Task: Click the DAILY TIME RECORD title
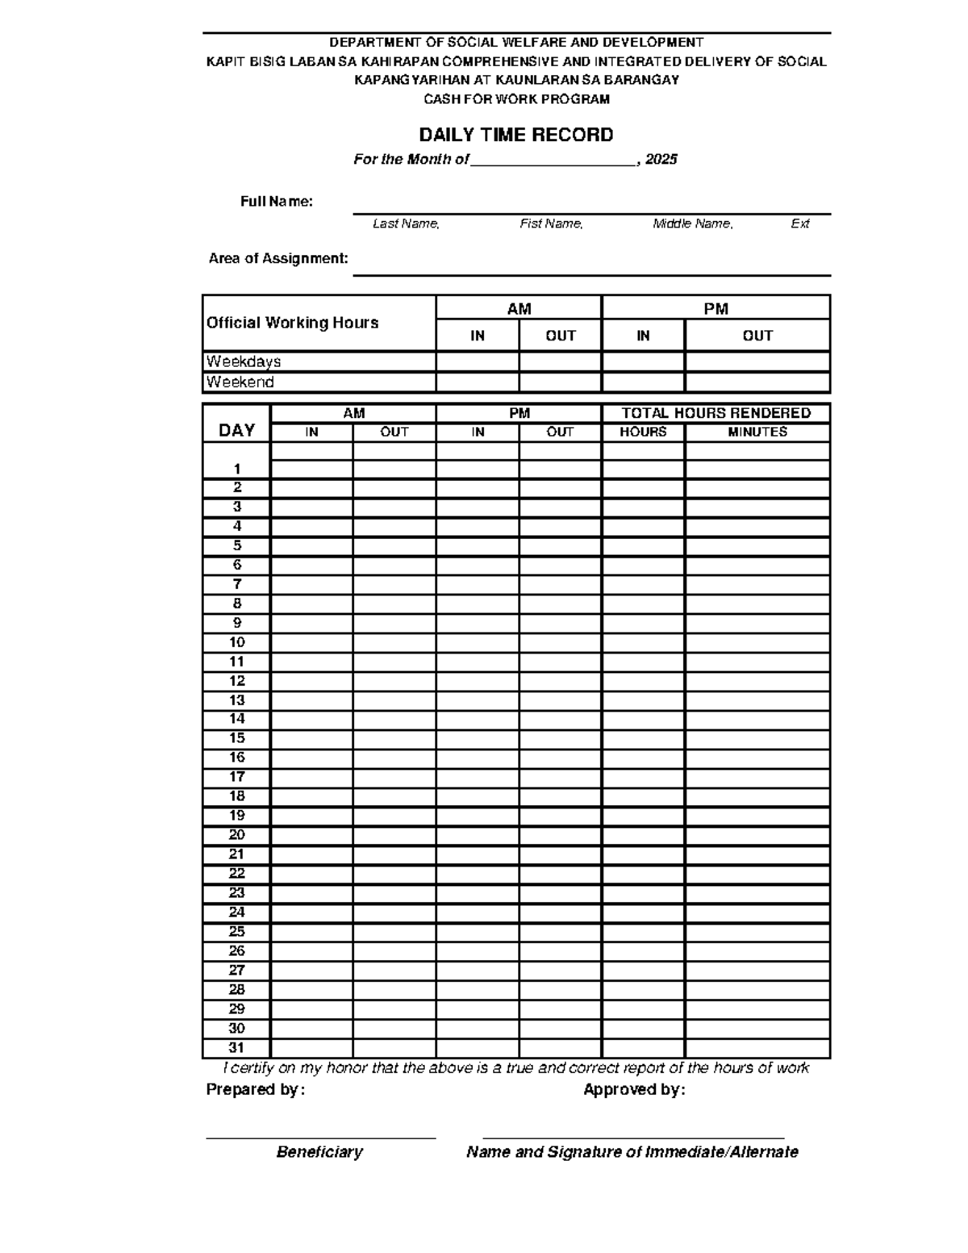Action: point(516,135)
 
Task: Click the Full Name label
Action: point(277,202)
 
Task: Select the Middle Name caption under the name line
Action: point(693,223)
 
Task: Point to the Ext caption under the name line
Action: point(799,223)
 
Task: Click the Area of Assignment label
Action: point(278,259)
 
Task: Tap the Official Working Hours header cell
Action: point(293,323)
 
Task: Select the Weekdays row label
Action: point(244,361)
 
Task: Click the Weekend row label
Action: point(240,382)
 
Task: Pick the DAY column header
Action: point(236,430)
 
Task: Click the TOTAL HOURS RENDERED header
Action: point(716,413)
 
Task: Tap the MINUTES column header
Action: point(757,432)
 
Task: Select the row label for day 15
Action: point(236,738)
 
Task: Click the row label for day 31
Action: point(236,1048)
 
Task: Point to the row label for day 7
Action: point(236,584)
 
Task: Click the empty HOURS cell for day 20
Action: point(643,835)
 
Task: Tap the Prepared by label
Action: point(256,1090)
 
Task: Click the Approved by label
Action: point(634,1090)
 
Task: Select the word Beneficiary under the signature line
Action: point(319,1152)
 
